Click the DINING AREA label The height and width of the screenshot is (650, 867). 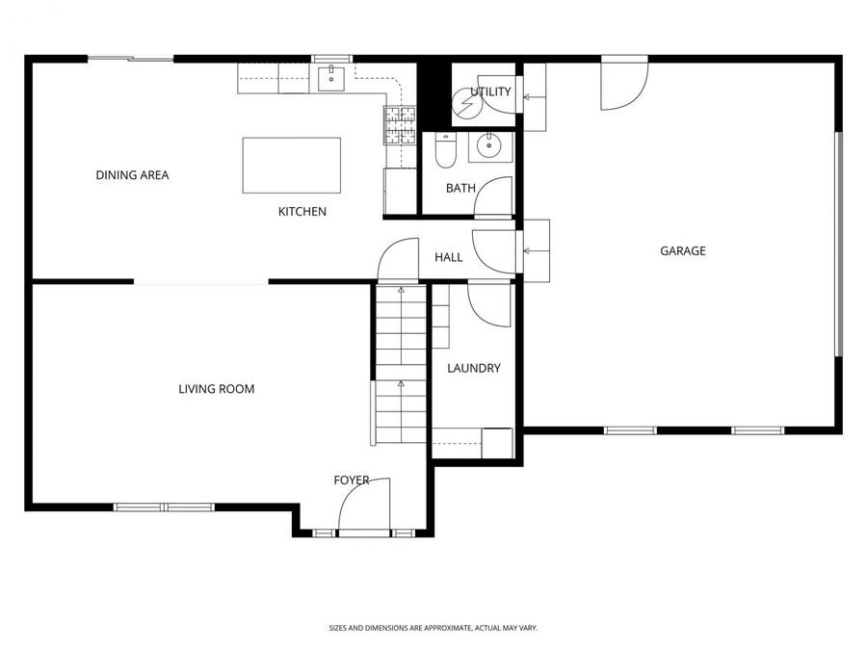click(x=132, y=175)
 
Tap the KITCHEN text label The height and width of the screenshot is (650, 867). click(x=302, y=212)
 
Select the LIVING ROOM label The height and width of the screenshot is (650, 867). click(x=217, y=389)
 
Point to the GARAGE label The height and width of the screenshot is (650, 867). click(x=682, y=251)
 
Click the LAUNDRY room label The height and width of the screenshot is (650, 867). click(x=474, y=368)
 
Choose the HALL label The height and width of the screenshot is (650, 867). click(x=448, y=257)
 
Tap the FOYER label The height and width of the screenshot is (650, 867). click(x=352, y=480)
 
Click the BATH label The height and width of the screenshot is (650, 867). click(x=460, y=188)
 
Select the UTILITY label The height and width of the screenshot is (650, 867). click(x=484, y=92)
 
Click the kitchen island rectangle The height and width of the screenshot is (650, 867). click(x=292, y=165)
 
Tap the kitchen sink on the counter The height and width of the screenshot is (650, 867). click(x=330, y=77)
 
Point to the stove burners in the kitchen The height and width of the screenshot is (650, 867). click(x=401, y=125)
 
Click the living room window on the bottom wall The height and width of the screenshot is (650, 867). click(x=163, y=507)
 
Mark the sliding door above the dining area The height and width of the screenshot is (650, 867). click(x=131, y=60)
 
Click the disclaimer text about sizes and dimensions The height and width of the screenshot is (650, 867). click(x=433, y=628)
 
